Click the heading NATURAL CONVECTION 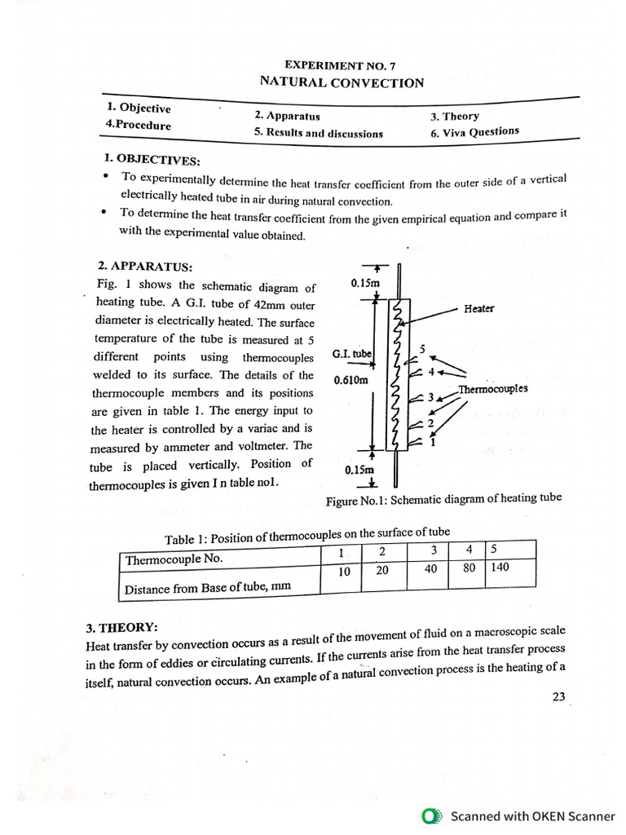point(342,82)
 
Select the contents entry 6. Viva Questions point(475,132)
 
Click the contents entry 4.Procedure point(139,126)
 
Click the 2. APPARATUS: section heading point(141,266)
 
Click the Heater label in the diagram point(478,308)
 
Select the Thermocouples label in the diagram point(493,389)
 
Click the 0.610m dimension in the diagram point(351,380)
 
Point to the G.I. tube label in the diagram point(351,354)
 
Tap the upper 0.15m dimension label point(365,283)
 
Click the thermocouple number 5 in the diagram point(422,349)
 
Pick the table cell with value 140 point(500,567)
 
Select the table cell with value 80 point(469,568)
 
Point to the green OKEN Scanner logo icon point(431,815)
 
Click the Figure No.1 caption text point(443,499)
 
